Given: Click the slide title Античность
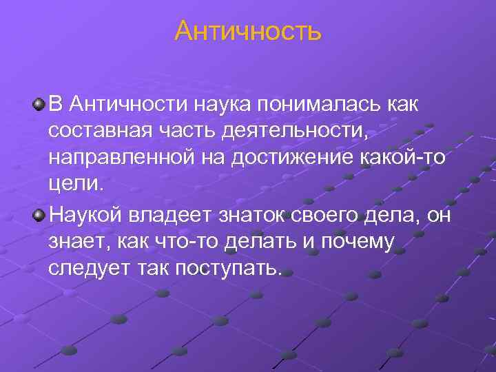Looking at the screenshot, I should pyautogui.click(x=247, y=31).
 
